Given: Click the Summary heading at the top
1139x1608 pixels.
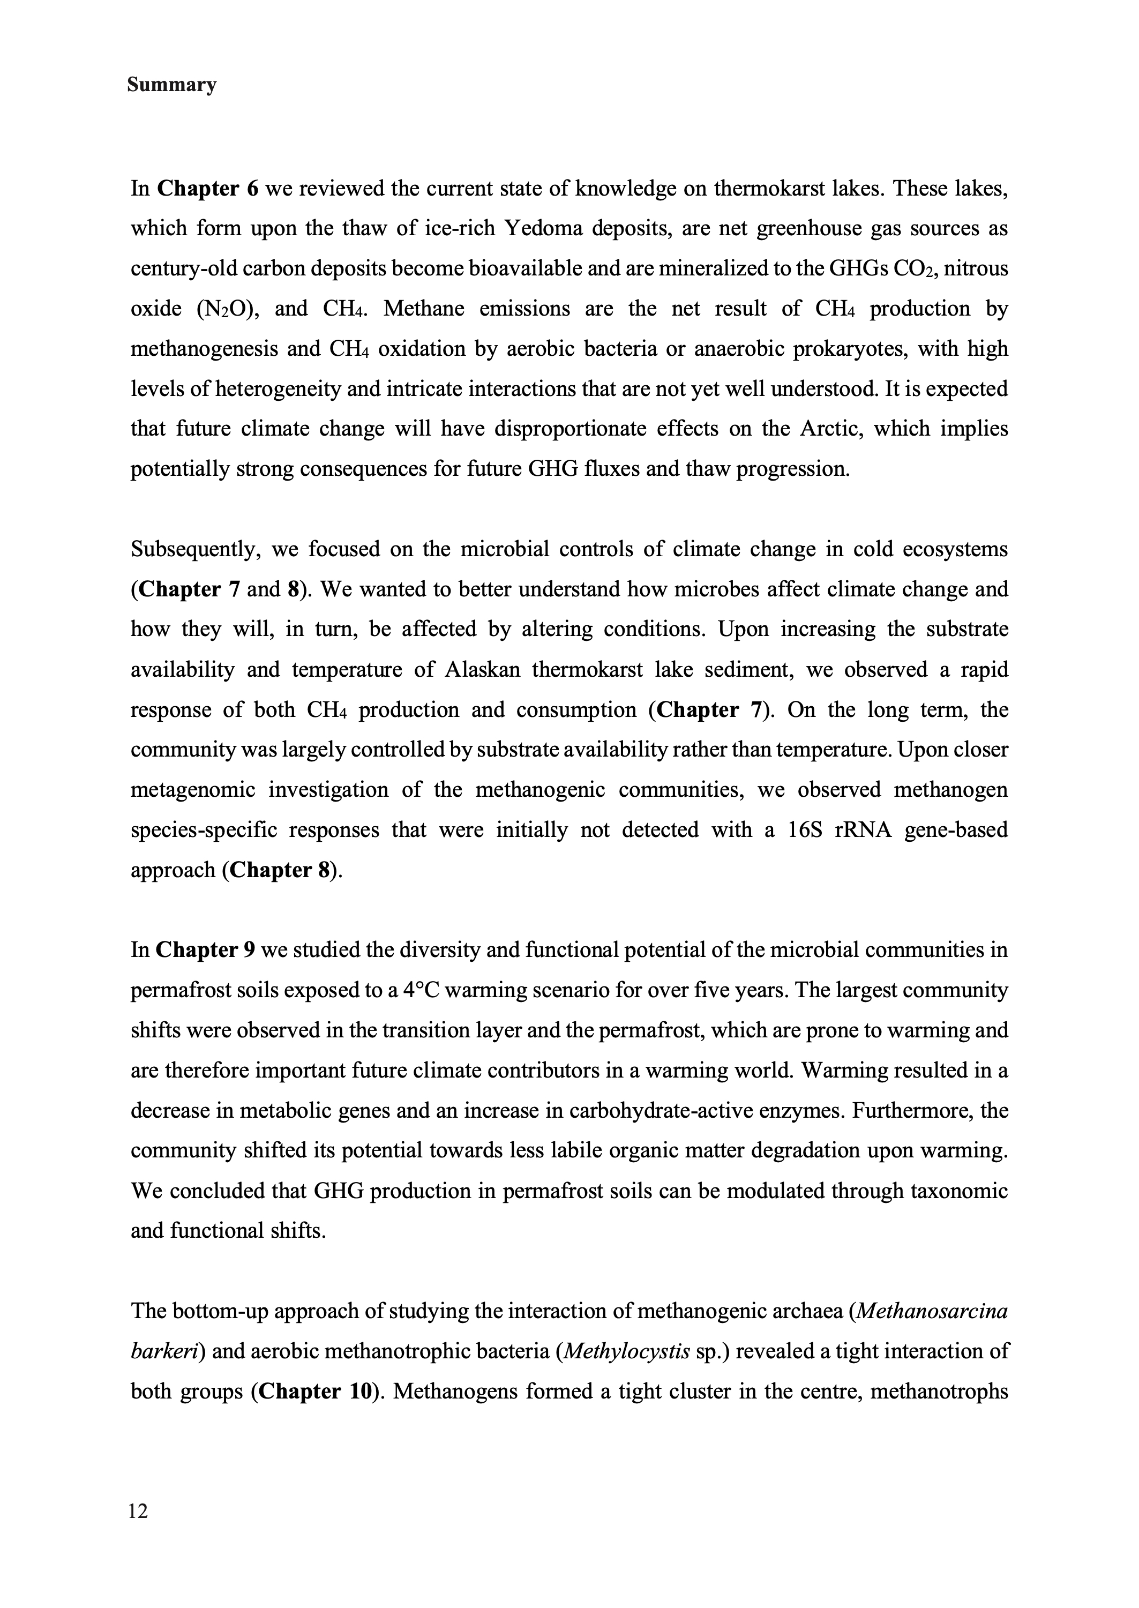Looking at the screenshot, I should (172, 86).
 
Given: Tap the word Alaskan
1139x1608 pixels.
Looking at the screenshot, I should (482, 670).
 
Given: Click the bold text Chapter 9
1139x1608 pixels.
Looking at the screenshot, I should (205, 950).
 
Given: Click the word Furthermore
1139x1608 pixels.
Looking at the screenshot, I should (910, 1111).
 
